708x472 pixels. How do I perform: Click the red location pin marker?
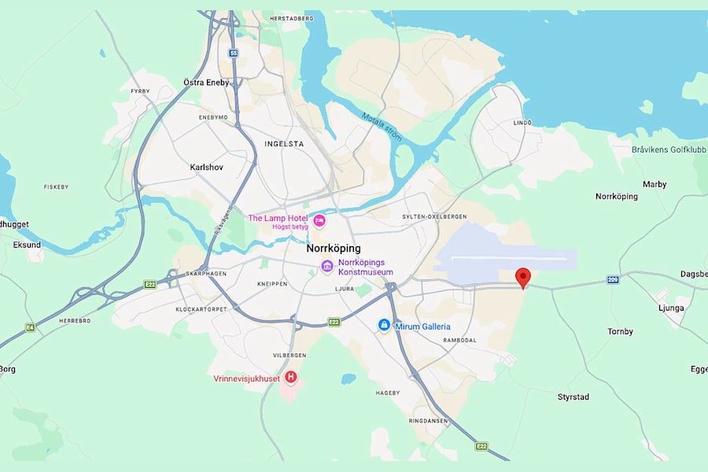coord(523,277)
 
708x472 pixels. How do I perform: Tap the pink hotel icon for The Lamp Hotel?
coord(319,219)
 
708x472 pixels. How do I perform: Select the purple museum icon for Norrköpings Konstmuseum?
coord(327,267)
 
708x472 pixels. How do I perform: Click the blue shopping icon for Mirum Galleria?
coord(384,326)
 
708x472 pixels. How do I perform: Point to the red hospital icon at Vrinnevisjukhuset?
coord(291,378)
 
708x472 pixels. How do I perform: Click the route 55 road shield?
coord(233,53)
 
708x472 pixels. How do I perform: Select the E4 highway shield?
coord(30,327)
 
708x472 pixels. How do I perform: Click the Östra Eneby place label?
coord(206,83)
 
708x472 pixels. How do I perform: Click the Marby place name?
coord(654,184)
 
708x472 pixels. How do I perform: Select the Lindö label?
coord(522,123)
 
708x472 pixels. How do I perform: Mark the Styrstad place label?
coord(573,397)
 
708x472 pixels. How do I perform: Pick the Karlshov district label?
coord(208,168)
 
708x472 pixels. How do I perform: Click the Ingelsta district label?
coord(284,144)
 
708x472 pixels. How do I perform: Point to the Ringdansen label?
coord(429,421)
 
